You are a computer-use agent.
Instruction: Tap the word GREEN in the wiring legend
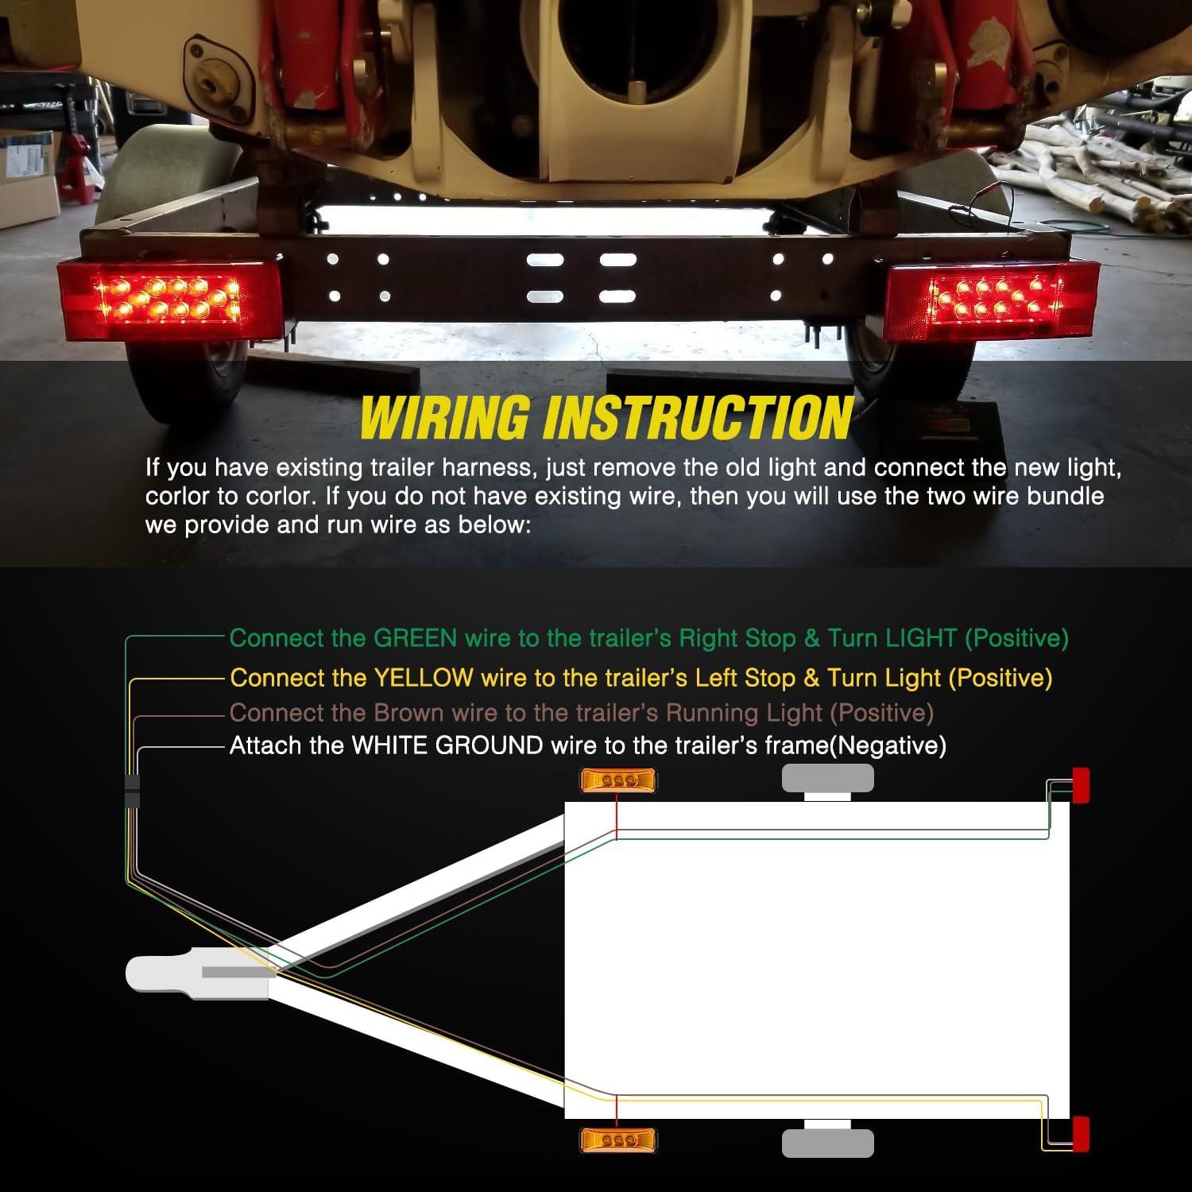(x=415, y=638)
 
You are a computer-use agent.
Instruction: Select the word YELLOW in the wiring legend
(x=423, y=678)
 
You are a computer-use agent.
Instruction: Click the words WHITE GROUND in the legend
(x=447, y=745)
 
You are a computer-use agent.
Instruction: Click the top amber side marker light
(x=617, y=780)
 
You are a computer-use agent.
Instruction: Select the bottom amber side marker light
(x=617, y=1140)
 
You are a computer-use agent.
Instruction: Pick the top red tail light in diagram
(x=1081, y=785)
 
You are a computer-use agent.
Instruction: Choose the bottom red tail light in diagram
(x=1081, y=1134)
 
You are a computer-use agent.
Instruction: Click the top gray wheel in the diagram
(x=827, y=779)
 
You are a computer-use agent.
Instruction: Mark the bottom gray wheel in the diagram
(x=827, y=1143)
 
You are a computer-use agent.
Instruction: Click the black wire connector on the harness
(x=132, y=791)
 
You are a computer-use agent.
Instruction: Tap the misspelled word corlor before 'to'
(x=176, y=497)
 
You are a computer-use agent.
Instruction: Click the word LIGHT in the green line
(x=920, y=638)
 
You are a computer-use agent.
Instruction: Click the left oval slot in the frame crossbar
(x=545, y=260)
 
